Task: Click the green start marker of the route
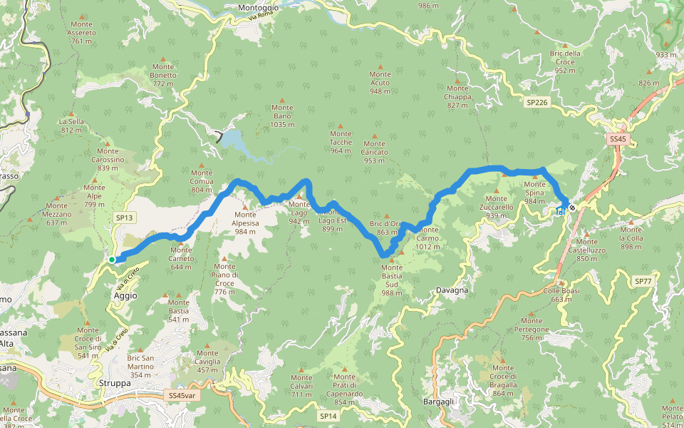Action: coord(113,259)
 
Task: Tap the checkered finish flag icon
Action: coord(571,208)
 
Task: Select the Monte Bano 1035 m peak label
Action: coord(282,116)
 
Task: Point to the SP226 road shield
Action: coord(537,103)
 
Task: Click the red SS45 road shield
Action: coord(617,140)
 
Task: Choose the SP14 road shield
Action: coord(327,415)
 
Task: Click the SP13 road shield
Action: coord(124,218)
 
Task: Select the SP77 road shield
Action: coord(643,282)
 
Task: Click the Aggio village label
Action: coord(125,295)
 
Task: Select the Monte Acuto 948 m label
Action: coord(380,82)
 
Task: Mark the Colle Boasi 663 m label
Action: coord(561,295)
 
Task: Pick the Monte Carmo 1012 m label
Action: coord(427,238)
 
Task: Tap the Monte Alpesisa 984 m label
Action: coord(245,223)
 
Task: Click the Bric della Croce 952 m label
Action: coord(565,61)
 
